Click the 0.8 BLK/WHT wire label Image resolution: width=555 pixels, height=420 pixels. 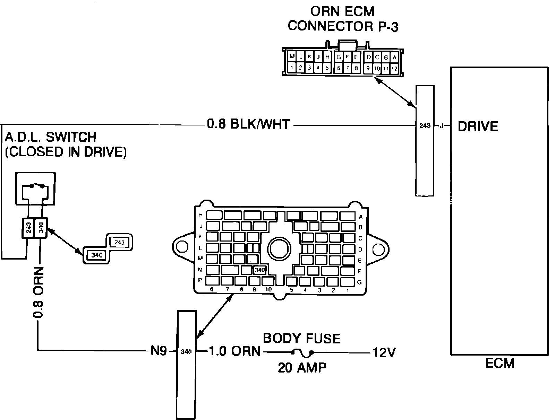coord(248,124)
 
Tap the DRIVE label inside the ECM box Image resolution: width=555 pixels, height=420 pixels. coord(478,126)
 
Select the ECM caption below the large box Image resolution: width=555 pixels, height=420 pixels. coord(499,364)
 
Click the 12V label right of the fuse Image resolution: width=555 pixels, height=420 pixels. coord(384,352)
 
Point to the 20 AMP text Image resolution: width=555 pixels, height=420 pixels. coord(302,367)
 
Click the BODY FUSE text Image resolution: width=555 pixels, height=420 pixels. coord(301,338)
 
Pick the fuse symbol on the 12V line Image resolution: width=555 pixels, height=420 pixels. coord(302,353)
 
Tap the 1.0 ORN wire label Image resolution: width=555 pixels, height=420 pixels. coord(234,351)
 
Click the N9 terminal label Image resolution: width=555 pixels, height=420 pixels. coord(159,351)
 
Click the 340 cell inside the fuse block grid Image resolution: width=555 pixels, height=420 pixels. coord(260,270)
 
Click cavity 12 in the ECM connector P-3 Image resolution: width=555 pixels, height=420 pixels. coord(394,69)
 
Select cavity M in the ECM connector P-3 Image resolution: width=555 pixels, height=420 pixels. coord(292,57)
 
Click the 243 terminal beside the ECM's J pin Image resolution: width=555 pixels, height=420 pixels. coord(425,126)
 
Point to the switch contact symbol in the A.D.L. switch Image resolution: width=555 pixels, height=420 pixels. coord(37,186)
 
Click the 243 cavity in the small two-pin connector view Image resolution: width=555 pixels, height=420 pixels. coord(119,242)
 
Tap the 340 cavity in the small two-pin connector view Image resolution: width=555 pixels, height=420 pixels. coord(96,255)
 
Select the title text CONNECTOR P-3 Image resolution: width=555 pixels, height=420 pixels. coord(343,26)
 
